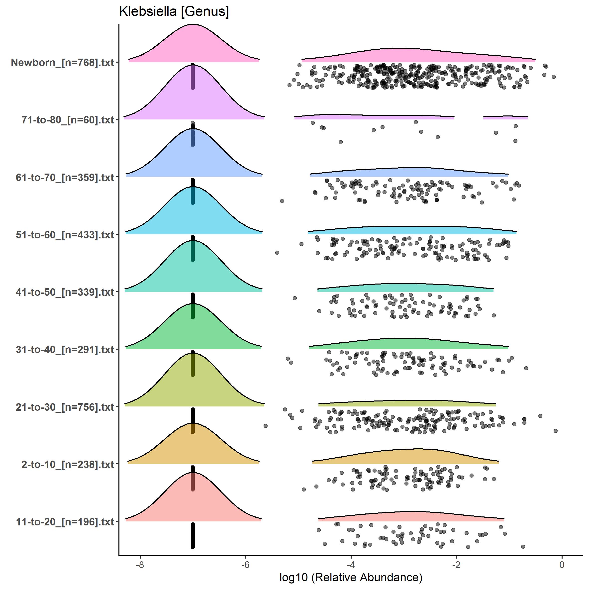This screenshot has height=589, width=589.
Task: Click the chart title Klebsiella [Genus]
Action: (174, 11)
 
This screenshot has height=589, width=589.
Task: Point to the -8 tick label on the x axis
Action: (140, 565)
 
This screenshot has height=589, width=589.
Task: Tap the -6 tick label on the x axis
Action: (245, 565)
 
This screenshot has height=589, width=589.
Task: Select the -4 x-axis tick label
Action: (351, 565)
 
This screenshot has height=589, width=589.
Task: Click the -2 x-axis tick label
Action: (456, 565)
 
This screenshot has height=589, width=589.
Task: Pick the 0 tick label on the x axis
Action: (562, 565)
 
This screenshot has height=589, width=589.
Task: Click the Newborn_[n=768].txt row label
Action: (63, 63)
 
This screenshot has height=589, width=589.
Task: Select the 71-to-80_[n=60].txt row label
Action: (68, 120)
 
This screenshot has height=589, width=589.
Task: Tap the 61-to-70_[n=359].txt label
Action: (65, 178)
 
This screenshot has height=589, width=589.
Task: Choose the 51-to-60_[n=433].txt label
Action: (65, 235)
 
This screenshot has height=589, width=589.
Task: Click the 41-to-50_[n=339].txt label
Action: (65, 292)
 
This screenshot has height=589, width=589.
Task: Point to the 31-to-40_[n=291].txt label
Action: (65, 349)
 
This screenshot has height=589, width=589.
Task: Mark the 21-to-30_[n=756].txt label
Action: (65, 407)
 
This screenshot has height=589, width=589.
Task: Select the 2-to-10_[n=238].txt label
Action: (68, 464)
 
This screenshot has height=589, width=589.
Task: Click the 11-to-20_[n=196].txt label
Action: (65, 522)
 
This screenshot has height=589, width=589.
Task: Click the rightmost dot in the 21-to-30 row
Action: (556, 431)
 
